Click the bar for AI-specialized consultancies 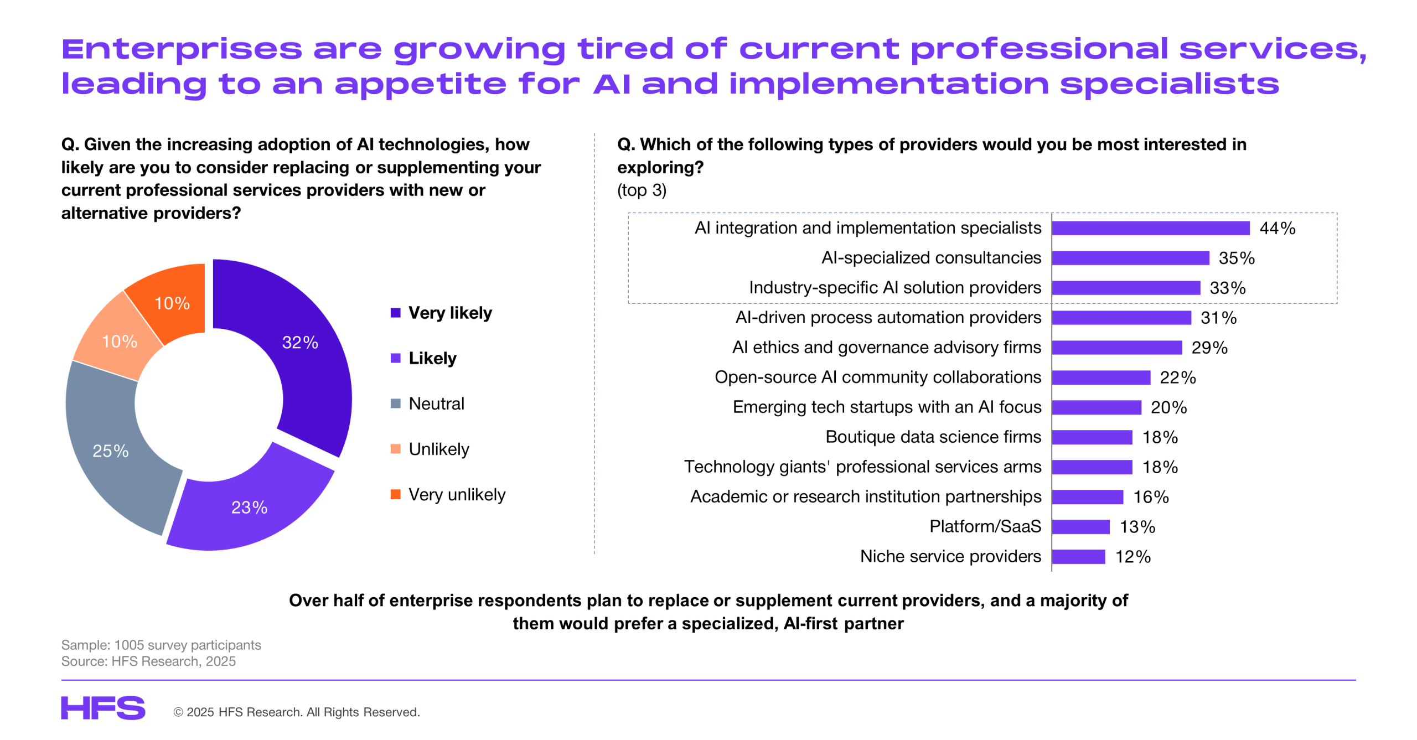coord(1130,258)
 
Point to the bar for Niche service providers coord(1078,556)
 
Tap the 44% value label coord(1276,228)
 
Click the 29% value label coord(1209,348)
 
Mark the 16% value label coord(1150,497)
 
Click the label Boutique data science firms coord(933,437)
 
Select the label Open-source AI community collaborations coord(877,377)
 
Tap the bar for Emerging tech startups coord(1096,407)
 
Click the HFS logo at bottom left coord(103,708)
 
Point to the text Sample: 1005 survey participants coord(161,645)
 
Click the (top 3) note coord(642,190)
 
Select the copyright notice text coord(297,712)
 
